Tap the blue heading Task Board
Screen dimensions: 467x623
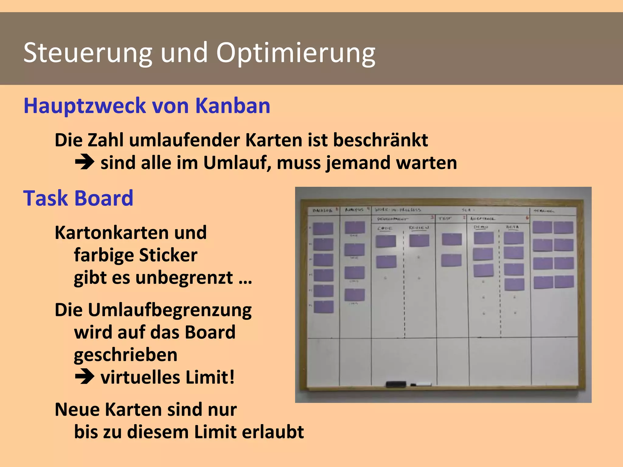(x=78, y=198)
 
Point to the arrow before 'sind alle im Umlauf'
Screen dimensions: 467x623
(x=85, y=162)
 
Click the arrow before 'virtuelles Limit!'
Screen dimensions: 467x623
(x=85, y=377)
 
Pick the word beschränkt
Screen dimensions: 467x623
(x=380, y=140)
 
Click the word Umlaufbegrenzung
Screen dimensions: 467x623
(x=153, y=310)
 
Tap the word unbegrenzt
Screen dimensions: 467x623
(x=184, y=278)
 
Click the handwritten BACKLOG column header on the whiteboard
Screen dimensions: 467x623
(x=322, y=210)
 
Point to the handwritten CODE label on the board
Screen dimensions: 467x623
(x=385, y=228)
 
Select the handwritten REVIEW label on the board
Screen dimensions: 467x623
(x=419, y=227)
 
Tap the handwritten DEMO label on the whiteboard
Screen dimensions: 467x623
(x=481, y=227)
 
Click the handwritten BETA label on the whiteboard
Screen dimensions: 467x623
(x=512, y=227)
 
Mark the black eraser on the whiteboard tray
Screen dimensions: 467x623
(x=396, y=384)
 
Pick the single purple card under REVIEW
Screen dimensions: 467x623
(x=419, y=240)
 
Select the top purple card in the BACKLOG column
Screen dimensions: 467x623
(x=323, y=229)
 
